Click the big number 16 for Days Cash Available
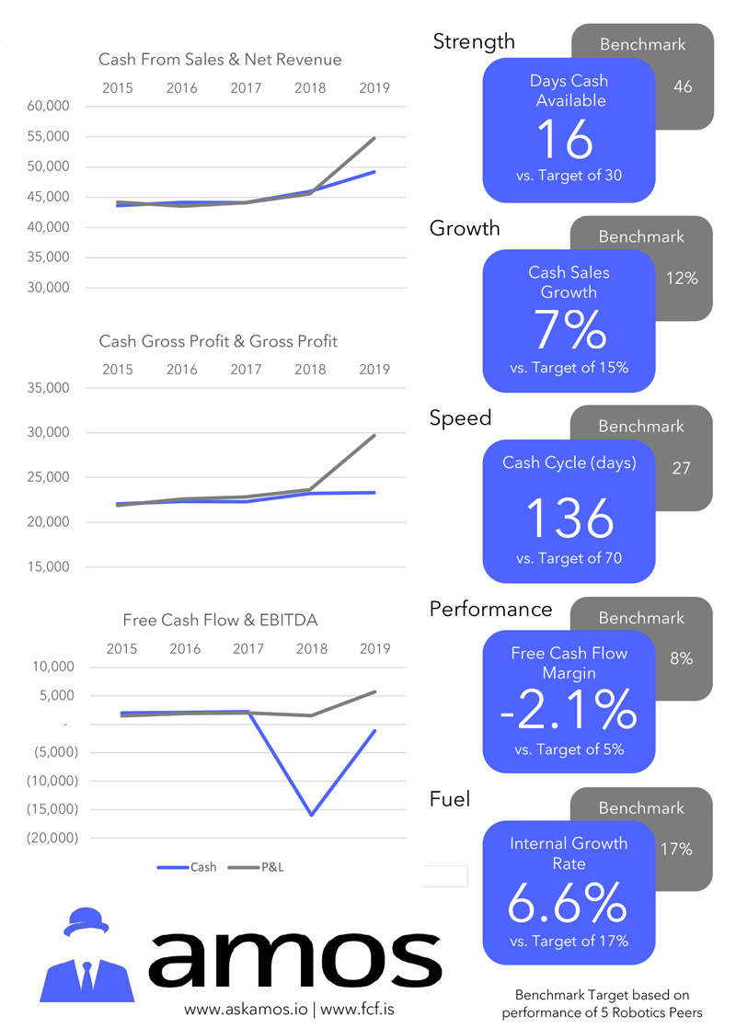click(x=567, y=139)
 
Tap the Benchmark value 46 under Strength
click(x=682, y=87)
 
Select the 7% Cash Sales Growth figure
click(x=568, y=331)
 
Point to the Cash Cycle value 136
click(x=569, y=519)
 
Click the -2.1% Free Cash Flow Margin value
click(x=569, y=709)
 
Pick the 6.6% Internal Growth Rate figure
click(x=568, y=903)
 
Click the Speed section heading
click(x=460, y=417)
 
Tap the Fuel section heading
click(x=450, y=799)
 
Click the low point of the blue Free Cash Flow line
click(x=311, y=815)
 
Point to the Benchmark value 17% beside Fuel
click(x=676, y=850)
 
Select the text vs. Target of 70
click(x=568, y=558)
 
